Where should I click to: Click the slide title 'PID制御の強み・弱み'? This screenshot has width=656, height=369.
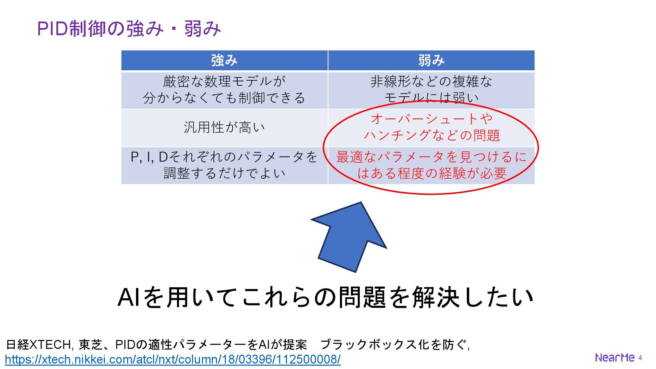click(129, 28)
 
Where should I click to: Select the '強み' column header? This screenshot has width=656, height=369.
click(224, 60)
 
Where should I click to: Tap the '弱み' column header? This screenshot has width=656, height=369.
click(431, 60)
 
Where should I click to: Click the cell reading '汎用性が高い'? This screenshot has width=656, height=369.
click(224, 127)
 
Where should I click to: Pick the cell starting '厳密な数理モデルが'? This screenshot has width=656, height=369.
click(224, 90)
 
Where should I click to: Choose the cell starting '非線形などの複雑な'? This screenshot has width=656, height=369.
click(431, 90)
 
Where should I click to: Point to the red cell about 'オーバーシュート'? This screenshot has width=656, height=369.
click(431, 127)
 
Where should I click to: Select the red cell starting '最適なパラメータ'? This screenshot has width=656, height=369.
click(431, 165)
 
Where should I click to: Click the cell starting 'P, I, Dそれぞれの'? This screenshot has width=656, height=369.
click(224, 165)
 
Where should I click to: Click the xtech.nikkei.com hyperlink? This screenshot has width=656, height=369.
click(173, 359)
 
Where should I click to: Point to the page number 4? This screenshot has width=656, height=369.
click(640, 358)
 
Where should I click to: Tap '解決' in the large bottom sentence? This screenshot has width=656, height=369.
click(436, 297)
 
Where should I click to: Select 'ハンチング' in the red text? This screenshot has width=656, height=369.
click(396, 136)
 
